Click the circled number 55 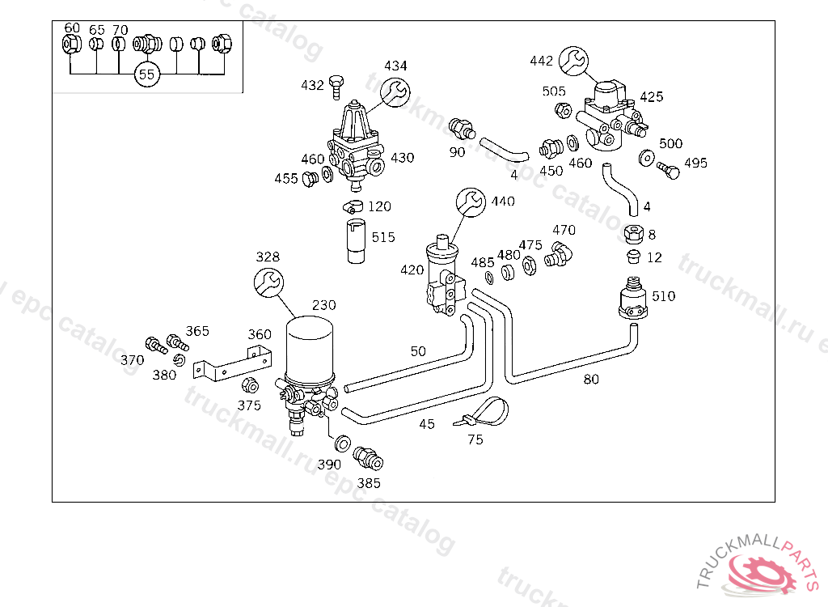(x=146, y=74)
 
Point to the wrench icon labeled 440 (x=471, y=202)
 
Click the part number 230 (x=323, y=305)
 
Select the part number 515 (x=383, y=237)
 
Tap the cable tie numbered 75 (x=488, y=412)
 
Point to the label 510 (x=663, y=296)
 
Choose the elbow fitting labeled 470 (x=560, y=253)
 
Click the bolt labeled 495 (x=668, y=170)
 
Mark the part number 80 (x=591, y=379)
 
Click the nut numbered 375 (x=250, y=385)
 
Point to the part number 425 (x=651, y=97)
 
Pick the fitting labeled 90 (x=459, y=127)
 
